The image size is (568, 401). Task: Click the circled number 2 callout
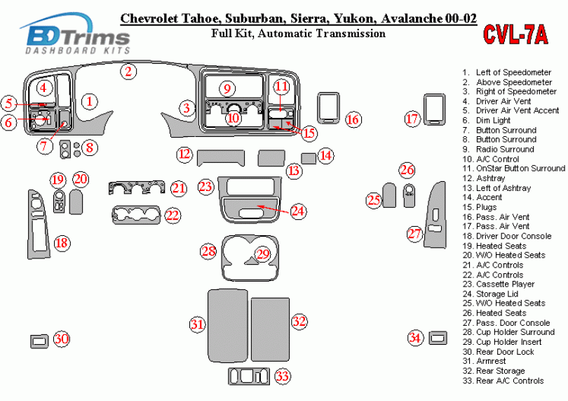click(128, 71)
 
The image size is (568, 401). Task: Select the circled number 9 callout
click(226, 88)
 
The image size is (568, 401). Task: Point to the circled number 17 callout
click(412, 119)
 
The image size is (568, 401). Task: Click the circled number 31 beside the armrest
click(197, 324)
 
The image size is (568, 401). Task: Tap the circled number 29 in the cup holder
click(263, 254)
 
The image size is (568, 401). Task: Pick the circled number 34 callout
click(416, 338)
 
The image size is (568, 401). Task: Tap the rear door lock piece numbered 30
click(40, 341)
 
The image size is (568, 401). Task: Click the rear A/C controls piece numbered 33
click(250, 376)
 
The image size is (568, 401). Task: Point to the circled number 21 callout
click(179, 188)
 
